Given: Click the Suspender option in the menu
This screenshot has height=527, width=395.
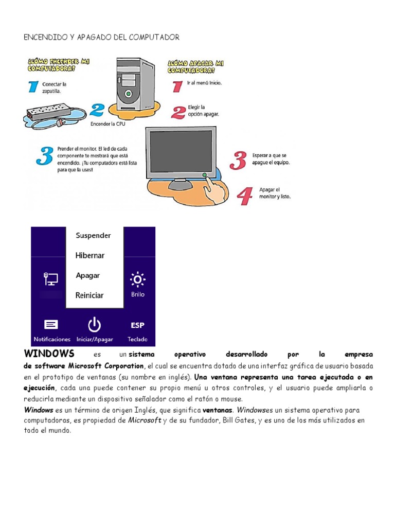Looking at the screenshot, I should [93, 236].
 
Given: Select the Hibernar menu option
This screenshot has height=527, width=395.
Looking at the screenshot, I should [90, 255].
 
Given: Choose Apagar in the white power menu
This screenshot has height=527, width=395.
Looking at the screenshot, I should [88, 275].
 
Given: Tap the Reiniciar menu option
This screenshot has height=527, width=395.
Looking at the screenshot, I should [89, 295].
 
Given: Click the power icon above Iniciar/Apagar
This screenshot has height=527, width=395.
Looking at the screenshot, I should [94, 325].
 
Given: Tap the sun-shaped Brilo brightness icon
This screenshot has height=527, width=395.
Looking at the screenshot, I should [137, 279].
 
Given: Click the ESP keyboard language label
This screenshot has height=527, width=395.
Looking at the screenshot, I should [137, 325].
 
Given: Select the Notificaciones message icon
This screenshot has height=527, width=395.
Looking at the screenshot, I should [51, 324].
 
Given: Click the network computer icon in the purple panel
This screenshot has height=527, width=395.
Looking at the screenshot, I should [50, 278].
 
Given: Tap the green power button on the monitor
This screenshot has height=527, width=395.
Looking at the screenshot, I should [205, 175].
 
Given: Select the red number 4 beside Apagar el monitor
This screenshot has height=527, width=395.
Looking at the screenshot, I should [245, 196].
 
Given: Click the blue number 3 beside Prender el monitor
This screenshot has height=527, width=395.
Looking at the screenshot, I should [45, 156].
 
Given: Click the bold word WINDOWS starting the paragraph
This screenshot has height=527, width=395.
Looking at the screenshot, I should [49, 354].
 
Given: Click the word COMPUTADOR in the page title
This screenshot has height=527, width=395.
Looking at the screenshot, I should [153, 38].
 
